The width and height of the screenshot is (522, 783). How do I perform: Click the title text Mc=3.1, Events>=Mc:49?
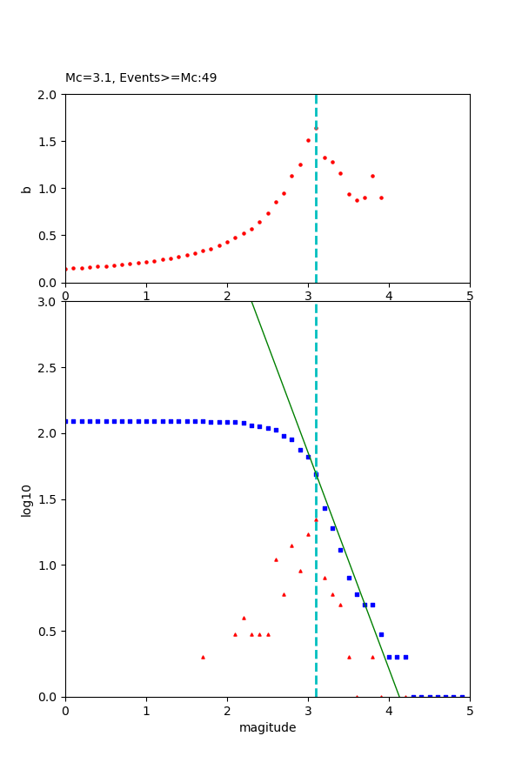coord(141,78)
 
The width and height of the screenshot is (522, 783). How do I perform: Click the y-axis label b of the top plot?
coord(26,188)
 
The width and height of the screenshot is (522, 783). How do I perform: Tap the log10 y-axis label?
coord(26,500)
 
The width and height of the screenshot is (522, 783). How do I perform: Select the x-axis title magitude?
coord(267,727)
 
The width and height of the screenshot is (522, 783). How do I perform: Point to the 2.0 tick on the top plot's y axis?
coord(50,94)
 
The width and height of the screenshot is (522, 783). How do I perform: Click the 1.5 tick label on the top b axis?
coord(50,142)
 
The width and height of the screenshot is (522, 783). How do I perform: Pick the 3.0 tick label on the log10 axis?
coord(50,302)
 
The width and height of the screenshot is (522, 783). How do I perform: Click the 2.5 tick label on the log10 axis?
coord(50,368)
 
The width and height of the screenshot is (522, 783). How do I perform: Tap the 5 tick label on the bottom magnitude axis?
coord(470,710)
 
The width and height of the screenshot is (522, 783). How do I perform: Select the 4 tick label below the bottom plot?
coord(389,710)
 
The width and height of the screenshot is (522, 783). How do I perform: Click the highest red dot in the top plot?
coord(316,127)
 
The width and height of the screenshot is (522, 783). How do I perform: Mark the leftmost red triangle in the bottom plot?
coord(203,657)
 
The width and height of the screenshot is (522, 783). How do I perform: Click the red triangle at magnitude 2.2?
coord(244,618)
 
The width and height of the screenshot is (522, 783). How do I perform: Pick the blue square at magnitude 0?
coord(66,421)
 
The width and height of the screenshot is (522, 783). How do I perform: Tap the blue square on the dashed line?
coord(316,474)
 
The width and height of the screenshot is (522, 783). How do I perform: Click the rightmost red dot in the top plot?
coord(381,197)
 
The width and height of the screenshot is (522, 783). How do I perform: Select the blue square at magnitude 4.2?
coord(405,657)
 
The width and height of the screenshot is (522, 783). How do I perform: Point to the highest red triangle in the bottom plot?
coord(316,519)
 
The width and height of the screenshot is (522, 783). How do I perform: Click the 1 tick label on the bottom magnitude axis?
coord(146,710)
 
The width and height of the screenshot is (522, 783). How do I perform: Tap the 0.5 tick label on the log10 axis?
coord(50,632)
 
